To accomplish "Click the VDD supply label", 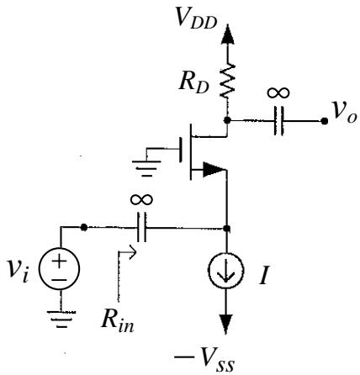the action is [x=196, y=18].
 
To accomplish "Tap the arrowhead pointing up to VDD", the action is [x=227, y=34].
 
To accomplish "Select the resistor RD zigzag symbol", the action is [x=227, y=81].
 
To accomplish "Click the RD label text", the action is [x=194, y=82].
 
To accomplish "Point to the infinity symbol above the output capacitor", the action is [x=278, y=92].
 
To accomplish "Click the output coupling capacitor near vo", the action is [x=278, y=121].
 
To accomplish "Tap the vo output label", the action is [x=344, y=113].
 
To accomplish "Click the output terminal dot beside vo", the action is [x=325, y=121].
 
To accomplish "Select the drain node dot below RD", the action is [x=227, y=120].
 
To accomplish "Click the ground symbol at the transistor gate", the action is [x=146, y=168].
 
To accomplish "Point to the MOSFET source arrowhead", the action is [x=214, y=170].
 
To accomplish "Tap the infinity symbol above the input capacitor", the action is [x=141, y=199].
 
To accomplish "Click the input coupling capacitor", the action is [x=141, y=227].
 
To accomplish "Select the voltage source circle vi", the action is [x=60, y=268].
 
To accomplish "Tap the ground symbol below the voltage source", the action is [x=61, y=319].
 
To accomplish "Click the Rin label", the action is [x=118, y=320].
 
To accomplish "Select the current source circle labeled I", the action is [x=226, y=270].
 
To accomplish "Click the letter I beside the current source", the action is [x=263, y=275].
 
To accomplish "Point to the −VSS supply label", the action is [x=204, y=359].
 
